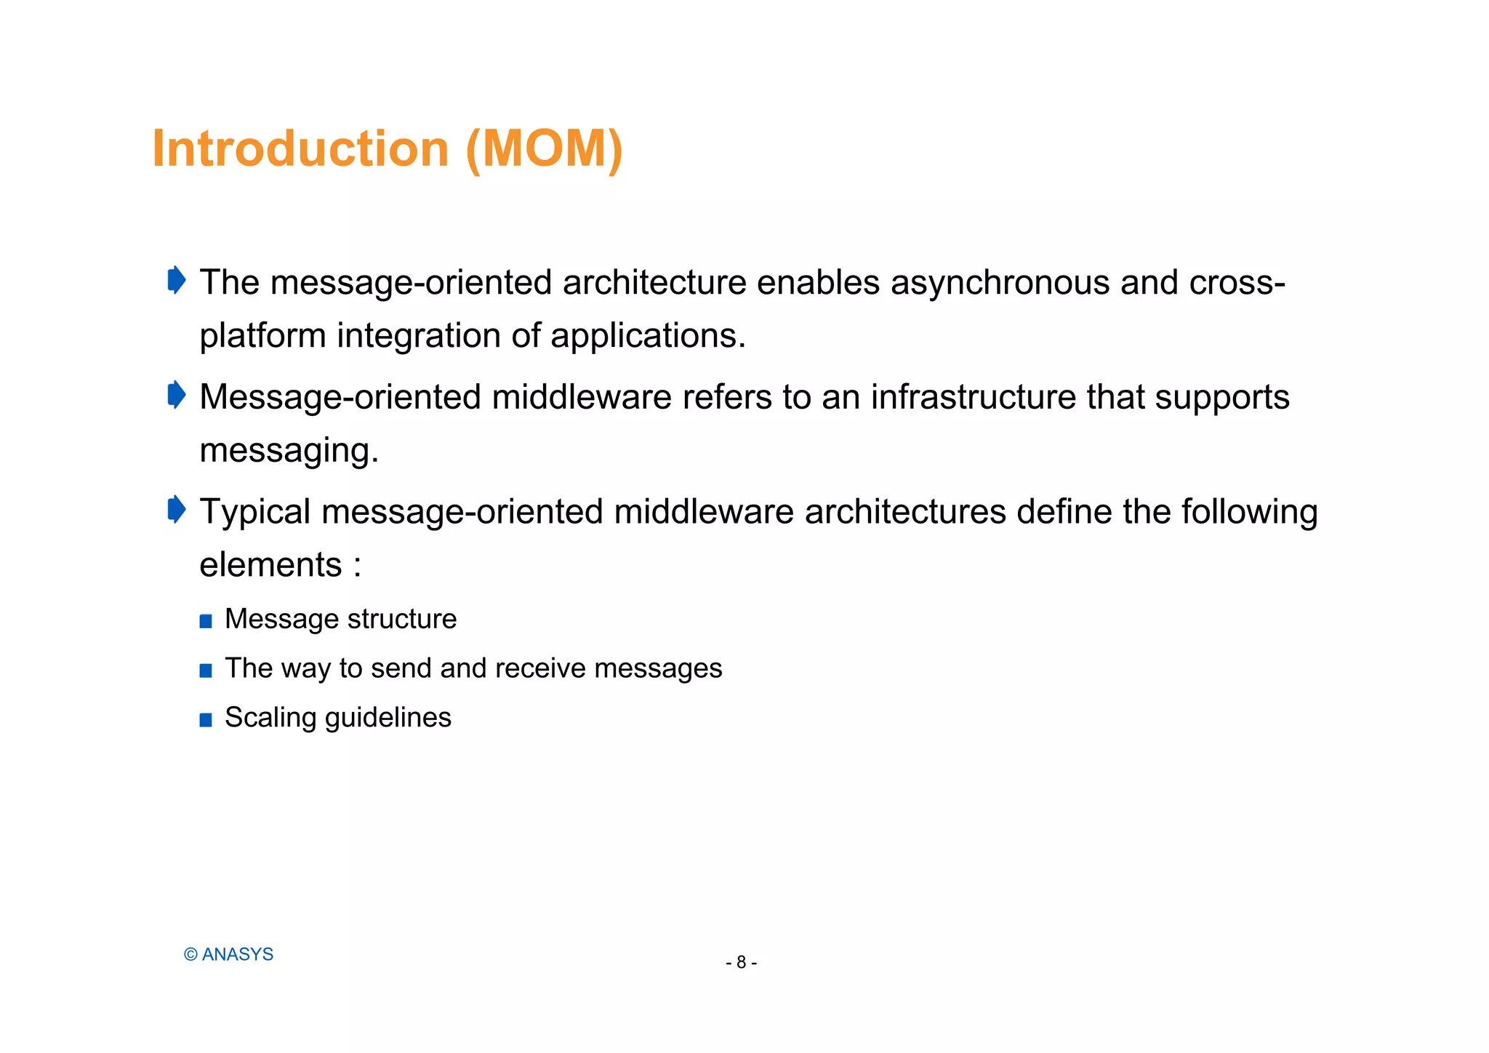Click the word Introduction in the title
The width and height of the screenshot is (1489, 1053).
coord(300,149)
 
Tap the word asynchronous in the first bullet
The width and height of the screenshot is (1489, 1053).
coord(1000,283)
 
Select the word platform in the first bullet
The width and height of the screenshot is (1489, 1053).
coord(262,337)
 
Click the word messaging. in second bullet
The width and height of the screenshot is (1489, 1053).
coord(289,451)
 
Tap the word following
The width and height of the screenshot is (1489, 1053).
coord(1248,512)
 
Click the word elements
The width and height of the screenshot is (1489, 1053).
coord(270,565)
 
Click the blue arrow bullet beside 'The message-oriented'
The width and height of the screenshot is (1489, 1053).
coord(177,280)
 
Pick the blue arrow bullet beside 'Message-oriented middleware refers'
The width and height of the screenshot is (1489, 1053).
coord(177,395)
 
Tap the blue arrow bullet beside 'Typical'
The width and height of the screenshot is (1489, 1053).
coord(177,509)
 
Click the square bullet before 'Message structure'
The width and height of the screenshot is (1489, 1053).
coord(206,621)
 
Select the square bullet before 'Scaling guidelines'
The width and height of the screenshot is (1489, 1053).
coord(206,720)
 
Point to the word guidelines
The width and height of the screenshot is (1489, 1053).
coord(388,718)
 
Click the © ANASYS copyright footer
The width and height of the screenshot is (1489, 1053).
coord(228,954)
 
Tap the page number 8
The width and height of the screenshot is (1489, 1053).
coord(741,962)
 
